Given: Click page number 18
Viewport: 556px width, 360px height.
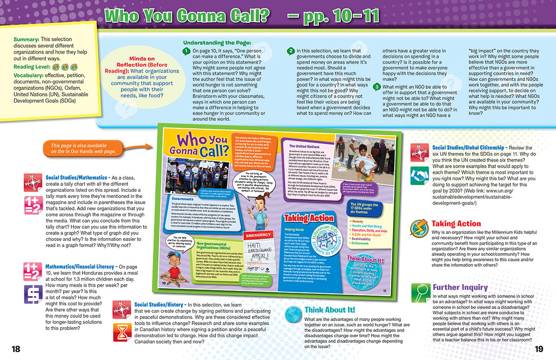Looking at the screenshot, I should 16,349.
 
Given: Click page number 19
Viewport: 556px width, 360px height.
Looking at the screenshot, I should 538,349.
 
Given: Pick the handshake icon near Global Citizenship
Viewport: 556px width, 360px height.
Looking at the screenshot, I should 420,175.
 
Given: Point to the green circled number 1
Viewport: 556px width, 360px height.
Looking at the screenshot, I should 186,51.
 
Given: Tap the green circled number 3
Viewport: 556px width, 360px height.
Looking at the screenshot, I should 378,87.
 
